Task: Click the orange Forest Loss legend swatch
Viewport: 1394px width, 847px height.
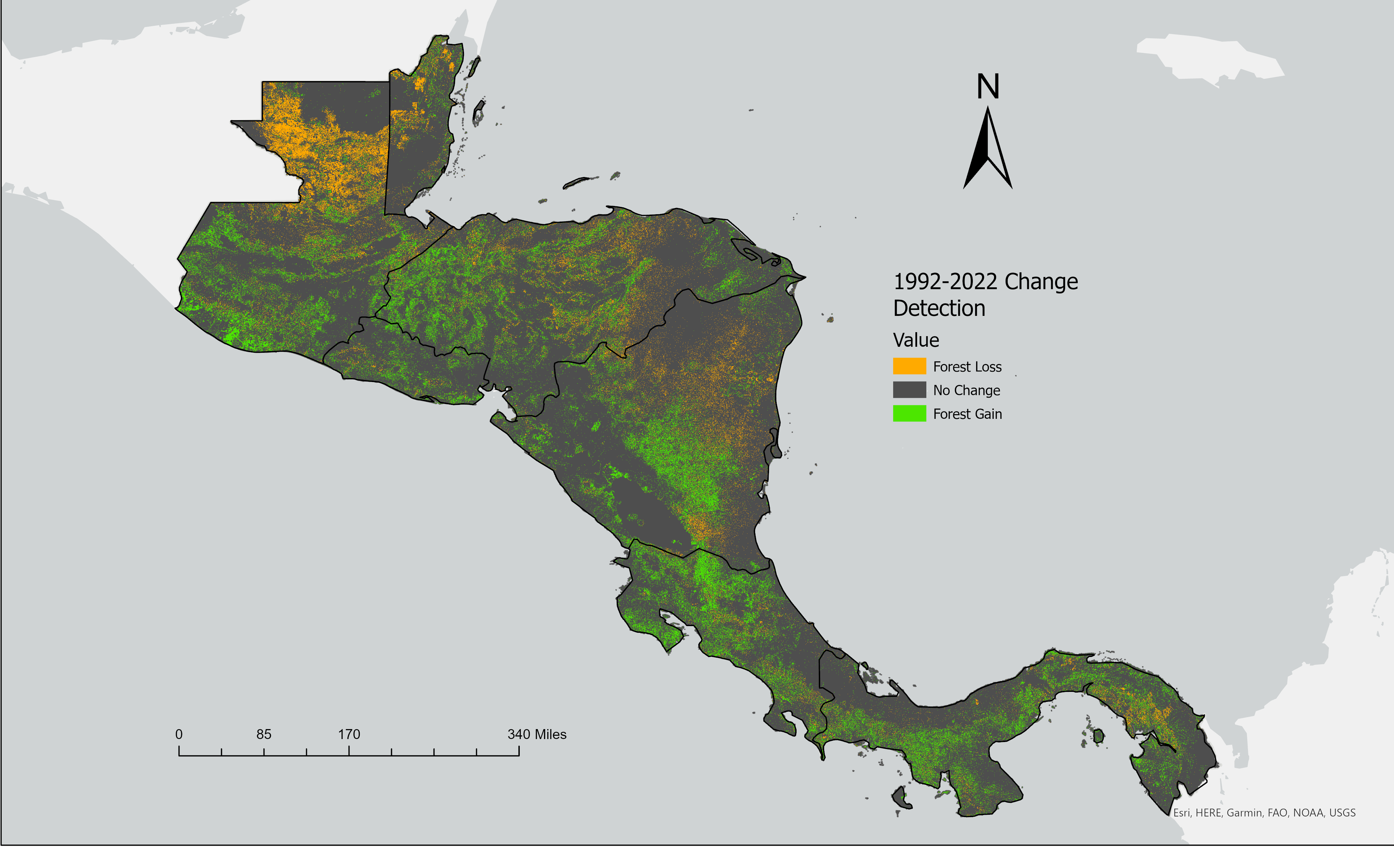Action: click(909, 366)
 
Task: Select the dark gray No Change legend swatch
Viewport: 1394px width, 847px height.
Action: click(909, 390)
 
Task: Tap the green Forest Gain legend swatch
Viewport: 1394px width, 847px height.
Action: click(909, 414)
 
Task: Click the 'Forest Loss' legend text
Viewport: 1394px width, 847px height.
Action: click(967, 367)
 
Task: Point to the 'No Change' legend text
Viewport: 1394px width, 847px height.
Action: click(966, 391)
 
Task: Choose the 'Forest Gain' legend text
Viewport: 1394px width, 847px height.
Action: click(967, 415)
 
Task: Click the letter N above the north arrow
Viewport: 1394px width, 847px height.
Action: click(988, 87)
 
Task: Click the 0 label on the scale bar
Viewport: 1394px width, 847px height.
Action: click(179, 734)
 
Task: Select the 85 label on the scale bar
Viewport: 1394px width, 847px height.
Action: click(264, 734)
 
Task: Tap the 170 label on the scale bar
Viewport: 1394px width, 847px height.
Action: click(349, 734)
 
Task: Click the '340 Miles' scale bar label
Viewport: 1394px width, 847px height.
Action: click(537, 734)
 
